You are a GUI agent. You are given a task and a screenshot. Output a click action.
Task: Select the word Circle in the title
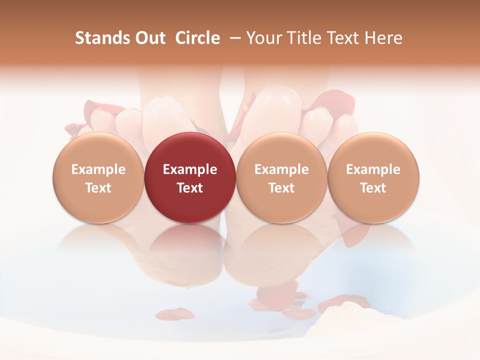(x=197, y=38)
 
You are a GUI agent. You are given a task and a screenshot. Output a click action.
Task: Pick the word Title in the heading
(x=303, y=38)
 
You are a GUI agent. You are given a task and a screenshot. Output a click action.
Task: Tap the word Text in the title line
(x=345, y=38)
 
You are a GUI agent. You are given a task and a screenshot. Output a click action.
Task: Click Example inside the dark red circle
(x=190, y=169)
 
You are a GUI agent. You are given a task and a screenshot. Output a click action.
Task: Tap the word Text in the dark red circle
(x=190, y=188)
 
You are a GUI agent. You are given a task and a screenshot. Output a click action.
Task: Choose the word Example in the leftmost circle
(x=98, y=169)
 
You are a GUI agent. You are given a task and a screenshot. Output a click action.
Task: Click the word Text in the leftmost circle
(x=98, y=188)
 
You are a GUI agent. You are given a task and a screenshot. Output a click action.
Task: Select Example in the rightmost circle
(x=373, y=169)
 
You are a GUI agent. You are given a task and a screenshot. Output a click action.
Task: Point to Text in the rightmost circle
(x=373, y=188)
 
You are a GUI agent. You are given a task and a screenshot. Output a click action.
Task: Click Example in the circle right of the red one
(x=281, y=169)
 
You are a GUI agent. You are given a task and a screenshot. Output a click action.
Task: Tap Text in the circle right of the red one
(x=281, y=188)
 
